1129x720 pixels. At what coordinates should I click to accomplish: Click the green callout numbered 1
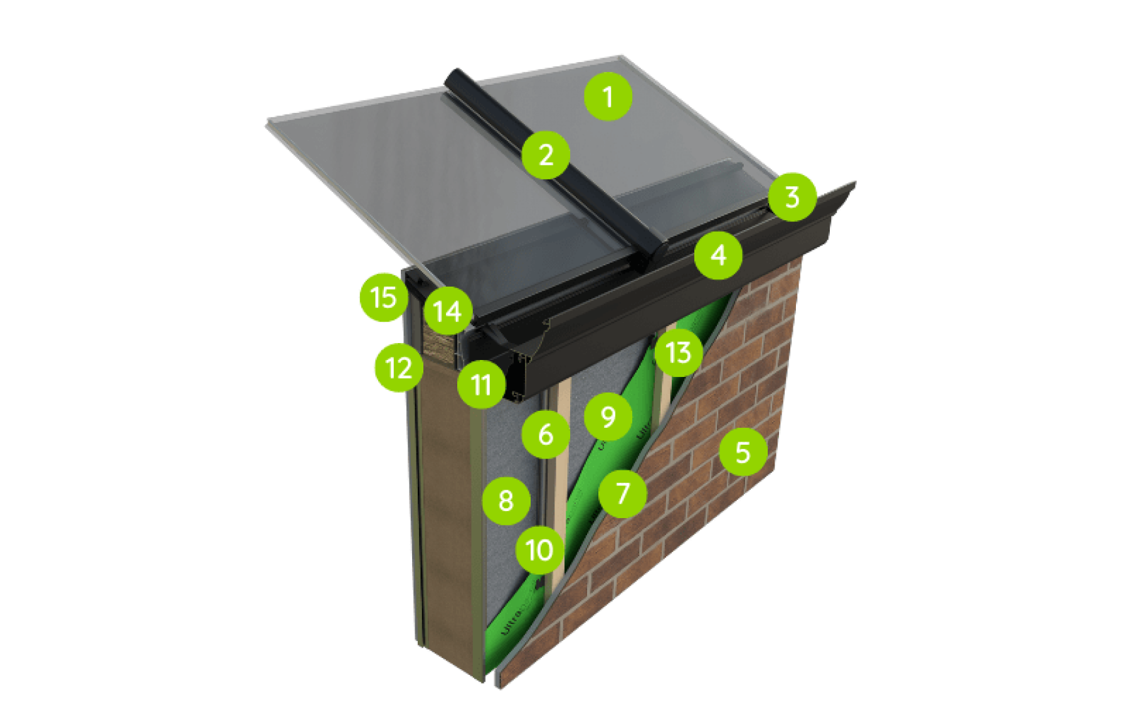click(608, 97)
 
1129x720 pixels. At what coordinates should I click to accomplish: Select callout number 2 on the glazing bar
click(546, 154)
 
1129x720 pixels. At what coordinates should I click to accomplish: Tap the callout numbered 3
click(792, 197)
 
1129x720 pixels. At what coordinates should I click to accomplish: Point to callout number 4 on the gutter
click(719, 255)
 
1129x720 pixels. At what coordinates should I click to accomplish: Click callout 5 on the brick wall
click(743, 452)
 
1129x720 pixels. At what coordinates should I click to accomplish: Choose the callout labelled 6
click(546, 434)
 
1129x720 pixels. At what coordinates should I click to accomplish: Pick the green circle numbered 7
click(622, 493)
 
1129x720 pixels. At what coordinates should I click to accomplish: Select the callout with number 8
click(506, 500)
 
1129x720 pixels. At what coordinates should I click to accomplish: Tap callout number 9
click(608, 416)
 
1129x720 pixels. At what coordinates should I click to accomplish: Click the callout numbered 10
click(539, 550)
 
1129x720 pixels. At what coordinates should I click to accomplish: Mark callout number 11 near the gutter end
click(481, 384)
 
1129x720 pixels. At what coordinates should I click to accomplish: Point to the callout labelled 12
click(398, 368)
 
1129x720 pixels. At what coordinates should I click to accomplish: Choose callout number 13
click(679, 352)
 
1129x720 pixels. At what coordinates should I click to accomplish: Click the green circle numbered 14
click(448, 311)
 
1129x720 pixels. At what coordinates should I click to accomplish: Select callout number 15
click(383, 297)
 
